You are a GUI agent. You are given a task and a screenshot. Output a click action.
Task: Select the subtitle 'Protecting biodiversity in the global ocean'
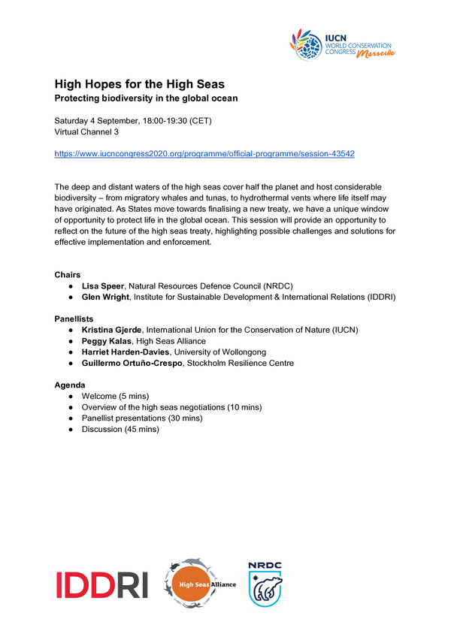145,99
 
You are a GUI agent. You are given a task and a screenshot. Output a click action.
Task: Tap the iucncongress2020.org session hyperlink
204,153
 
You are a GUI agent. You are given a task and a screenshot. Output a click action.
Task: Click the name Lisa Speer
103,286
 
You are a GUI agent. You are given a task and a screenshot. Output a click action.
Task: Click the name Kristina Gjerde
114,331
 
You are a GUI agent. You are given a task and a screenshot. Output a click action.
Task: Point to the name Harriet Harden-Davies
126,352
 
